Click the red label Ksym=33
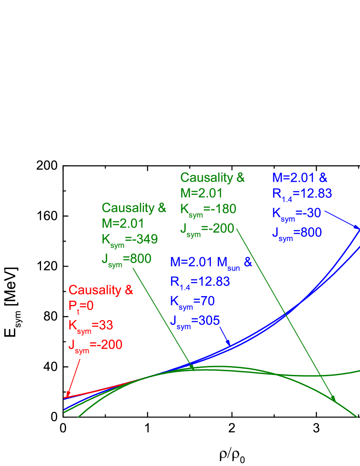point(91,325)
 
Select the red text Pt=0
point(81,306)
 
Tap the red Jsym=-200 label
point(95,345)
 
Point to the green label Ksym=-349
point(130,239)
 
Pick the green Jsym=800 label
point(126,259)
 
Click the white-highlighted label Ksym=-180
point(208,209)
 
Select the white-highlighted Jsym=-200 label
point(207,229)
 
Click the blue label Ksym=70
point(192,301)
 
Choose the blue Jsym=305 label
point(195,321)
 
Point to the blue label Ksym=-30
point(296,213)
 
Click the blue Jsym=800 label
point(297,233)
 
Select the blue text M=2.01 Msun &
point(211,262)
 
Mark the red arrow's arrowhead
point(68,394)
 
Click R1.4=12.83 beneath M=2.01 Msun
point(200,282)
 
